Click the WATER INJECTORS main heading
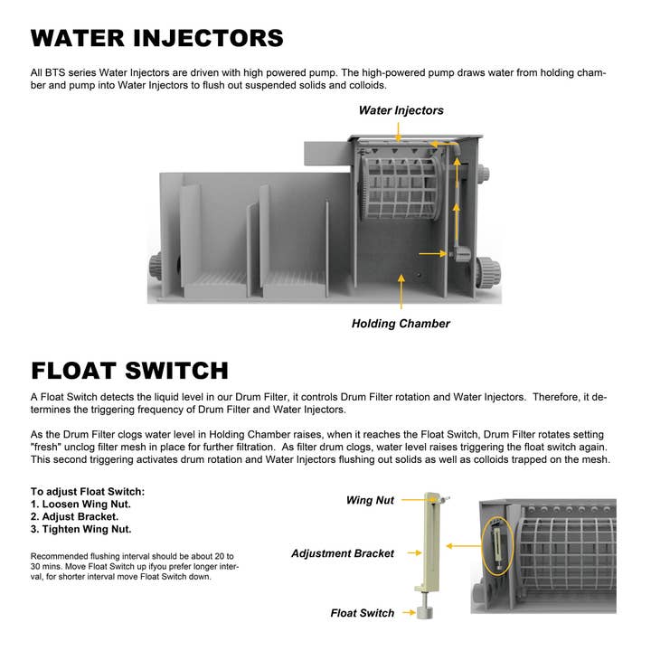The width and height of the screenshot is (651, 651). pos(157,38)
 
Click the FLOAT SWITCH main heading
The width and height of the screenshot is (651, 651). pos(129,371)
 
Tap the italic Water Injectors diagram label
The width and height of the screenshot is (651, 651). pos(401,110)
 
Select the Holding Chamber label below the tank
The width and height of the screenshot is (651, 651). pos(401,323)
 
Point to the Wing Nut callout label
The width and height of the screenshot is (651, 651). pos(370,500)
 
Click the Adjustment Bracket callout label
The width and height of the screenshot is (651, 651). pos(343,552)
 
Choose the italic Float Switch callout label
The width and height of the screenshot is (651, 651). pos(362,613)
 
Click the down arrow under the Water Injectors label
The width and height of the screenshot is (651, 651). pos(397,132)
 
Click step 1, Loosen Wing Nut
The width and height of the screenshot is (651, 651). pos(79,504)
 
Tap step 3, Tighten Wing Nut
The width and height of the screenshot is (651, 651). pos(80,529)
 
